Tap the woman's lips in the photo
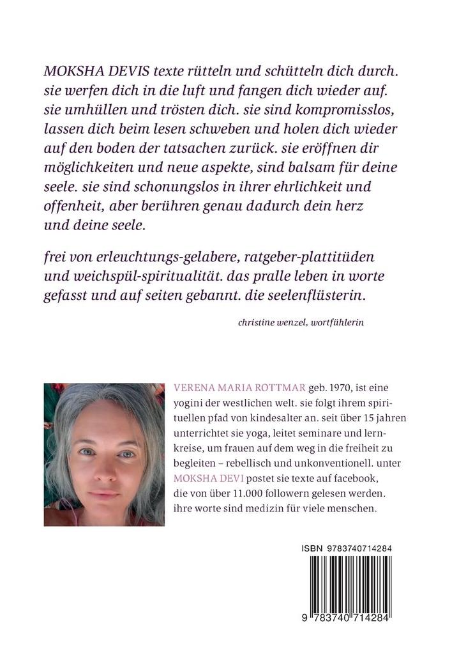pyautogui.click(x=103, y=494)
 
